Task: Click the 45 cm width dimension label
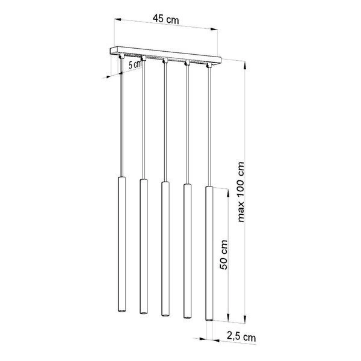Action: [165, 19]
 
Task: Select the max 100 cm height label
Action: [241, 192]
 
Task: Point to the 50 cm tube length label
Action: [223, 255]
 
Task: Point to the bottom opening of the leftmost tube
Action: [121, 311]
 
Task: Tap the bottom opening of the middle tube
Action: [164, 313]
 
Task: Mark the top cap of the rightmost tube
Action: [209, 188]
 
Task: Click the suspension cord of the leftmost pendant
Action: [122, 120]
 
